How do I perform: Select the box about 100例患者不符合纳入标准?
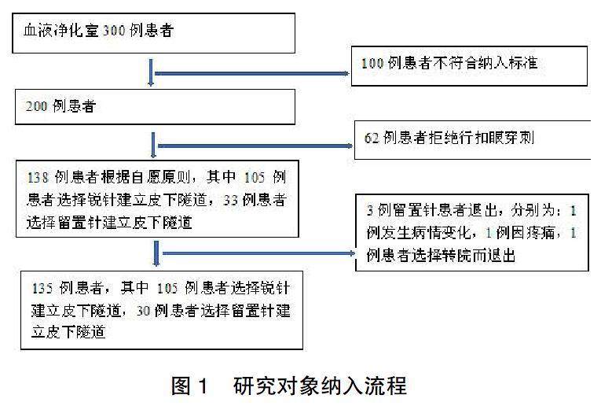[x=469, y=65]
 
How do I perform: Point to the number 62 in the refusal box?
[x=372, y=138]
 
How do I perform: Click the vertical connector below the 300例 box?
[x=151, y=73]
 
